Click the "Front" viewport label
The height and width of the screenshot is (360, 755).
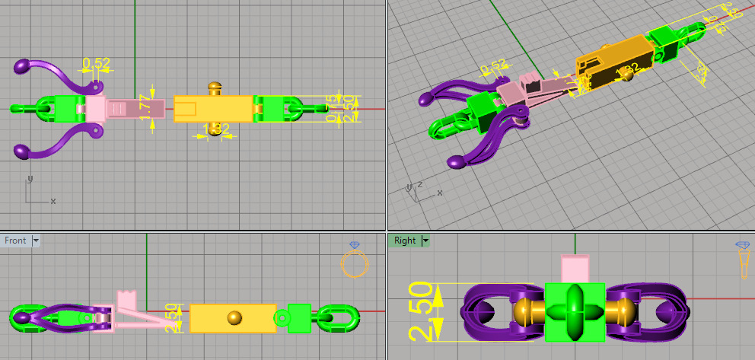(x=15, y=241)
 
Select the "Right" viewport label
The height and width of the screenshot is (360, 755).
(x=405, y=241)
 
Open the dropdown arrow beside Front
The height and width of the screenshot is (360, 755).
(x=36, y=241)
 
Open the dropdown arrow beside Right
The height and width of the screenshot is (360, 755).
(x=426, y=241)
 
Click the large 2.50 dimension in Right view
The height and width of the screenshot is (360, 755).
(x=424, y=312)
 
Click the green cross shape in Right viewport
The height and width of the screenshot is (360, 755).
(x=575, y=312)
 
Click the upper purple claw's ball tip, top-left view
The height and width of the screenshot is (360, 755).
(x=23, y=67)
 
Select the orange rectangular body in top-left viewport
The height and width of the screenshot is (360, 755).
(x=213, y=109)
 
